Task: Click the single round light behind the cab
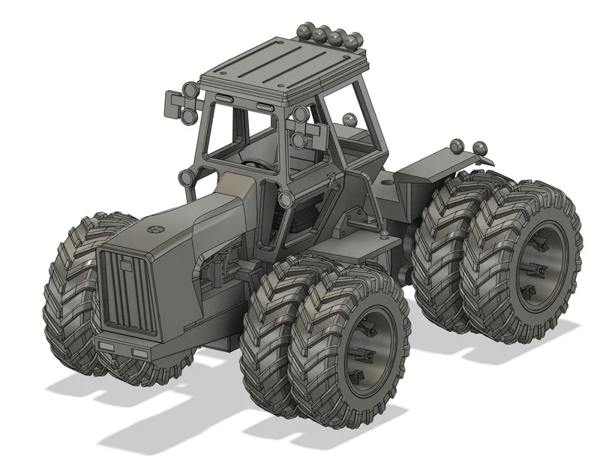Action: tap(349, 119)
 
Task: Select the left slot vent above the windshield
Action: tap(224, 100)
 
